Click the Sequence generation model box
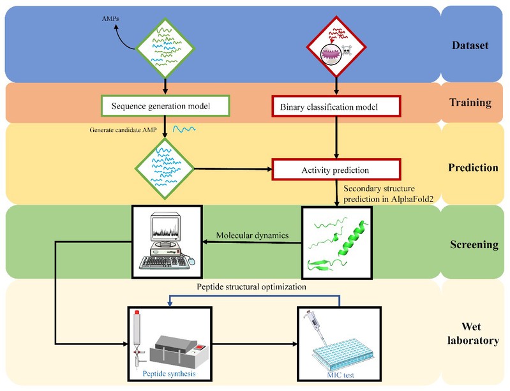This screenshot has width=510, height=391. pyautogui.click(x=165, y=104)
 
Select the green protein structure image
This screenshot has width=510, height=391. pyautogui.click(x=337, y=242)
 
